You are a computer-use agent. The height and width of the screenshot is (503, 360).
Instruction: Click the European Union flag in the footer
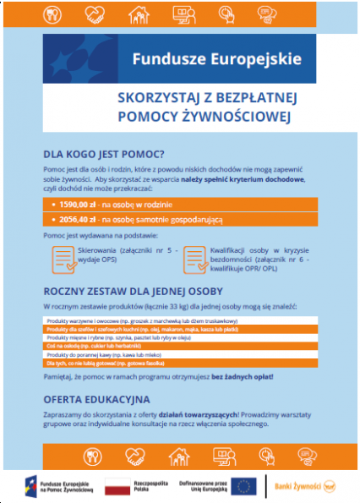[245, 484]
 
